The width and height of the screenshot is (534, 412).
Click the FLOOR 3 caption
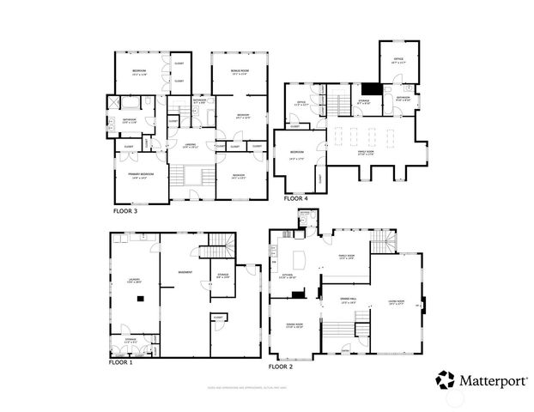tap(125, 209)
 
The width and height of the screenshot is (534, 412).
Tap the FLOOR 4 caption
tap(296, 197)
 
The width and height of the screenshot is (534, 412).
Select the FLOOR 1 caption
tap(120, 362)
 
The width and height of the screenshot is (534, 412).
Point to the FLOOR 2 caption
tap(281, 367)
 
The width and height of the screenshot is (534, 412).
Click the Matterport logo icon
tap(446, 379)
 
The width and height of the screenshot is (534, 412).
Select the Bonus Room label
tap(240, 70)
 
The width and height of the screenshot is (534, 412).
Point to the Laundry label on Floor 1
tap(133, 279)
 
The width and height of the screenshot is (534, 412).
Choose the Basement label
tap(185, 273)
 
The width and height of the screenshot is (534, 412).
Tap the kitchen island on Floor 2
tap(301, 257)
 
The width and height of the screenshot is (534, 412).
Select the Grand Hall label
tap(349, 301)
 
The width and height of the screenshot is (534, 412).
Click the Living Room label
tap(397, 301)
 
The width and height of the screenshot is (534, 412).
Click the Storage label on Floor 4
tap(362, 102)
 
